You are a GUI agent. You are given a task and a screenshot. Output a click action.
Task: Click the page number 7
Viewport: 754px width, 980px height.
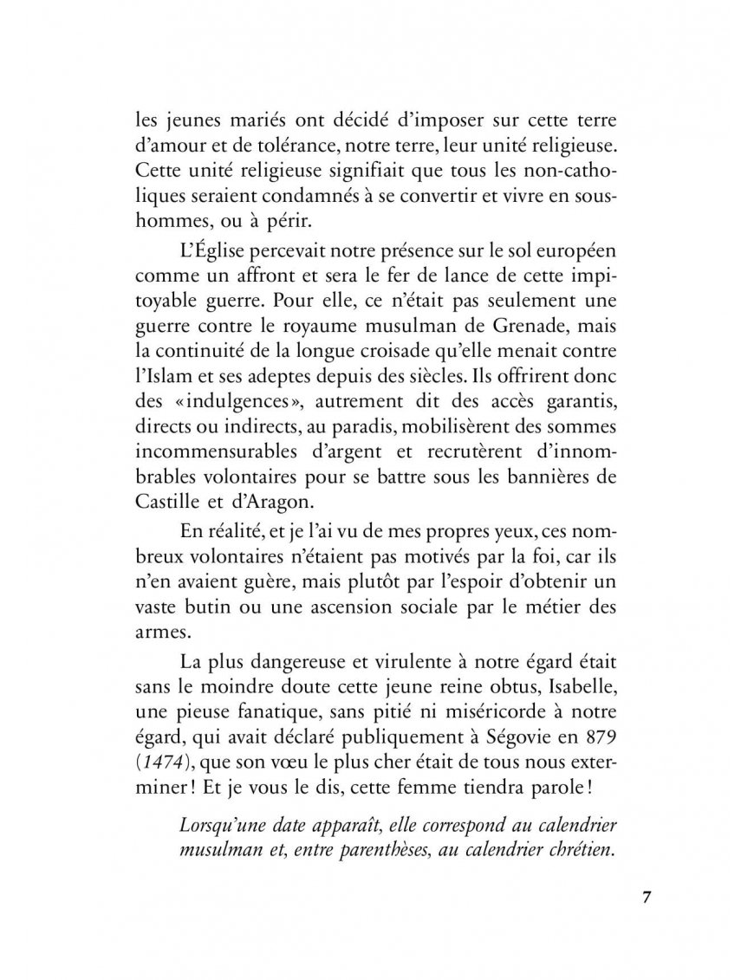(647, 896)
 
